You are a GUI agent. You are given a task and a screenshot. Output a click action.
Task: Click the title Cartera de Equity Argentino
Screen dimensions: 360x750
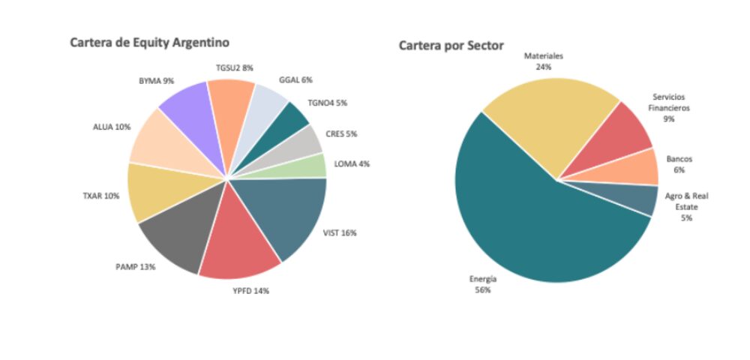149,42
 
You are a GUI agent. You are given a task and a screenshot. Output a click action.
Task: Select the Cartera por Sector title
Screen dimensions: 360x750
451,46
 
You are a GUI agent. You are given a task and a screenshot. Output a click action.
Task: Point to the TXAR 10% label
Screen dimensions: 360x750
100,196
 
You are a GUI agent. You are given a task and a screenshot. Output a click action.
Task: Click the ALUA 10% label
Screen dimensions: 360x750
112,127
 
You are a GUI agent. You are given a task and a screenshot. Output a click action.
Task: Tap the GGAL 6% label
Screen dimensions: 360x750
295,79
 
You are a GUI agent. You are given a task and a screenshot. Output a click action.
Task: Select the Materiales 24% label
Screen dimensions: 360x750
544,61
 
